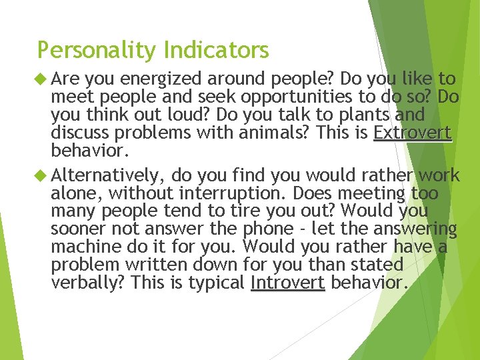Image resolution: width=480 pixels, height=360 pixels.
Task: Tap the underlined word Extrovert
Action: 412,133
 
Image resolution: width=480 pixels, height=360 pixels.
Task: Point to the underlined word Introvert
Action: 287,283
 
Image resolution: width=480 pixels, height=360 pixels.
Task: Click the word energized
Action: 155,80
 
